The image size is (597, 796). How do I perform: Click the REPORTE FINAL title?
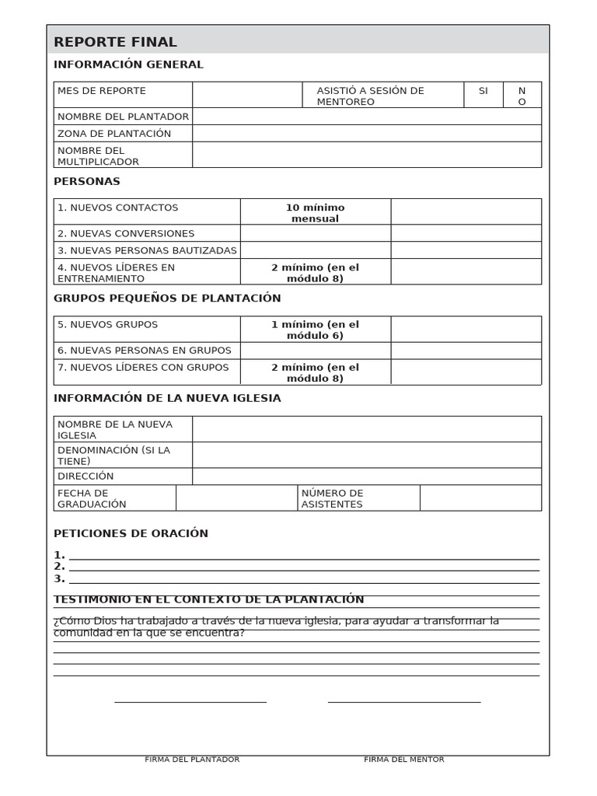coord(115,42)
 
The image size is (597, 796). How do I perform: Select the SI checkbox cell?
coord(484,95)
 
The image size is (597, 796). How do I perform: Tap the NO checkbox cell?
coord(522,96)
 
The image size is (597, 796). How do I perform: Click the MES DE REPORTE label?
coord(102,91)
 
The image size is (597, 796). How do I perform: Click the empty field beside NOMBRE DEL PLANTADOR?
coord(366,117)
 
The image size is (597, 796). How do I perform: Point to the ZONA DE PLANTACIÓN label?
coord(114,134)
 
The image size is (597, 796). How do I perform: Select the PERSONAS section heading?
coord(87,181)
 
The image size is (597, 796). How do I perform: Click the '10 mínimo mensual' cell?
coord(315,212)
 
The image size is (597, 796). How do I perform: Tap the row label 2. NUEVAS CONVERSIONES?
coord(126,233)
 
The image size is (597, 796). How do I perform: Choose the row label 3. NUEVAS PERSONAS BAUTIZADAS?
coord(147,250)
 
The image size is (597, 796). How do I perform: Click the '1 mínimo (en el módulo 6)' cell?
coord(315,330)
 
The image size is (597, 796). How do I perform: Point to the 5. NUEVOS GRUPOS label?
coord(107,325)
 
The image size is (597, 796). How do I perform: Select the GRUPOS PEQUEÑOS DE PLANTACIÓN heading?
coord(167,298)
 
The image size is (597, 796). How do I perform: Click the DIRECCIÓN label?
coord(86,477)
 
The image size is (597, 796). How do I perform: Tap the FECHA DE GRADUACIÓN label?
coord(92,498)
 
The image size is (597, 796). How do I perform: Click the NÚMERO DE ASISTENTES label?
coord(332,498)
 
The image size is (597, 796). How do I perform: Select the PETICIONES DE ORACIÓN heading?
coord(131,533)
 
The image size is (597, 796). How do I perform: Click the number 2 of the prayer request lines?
coord(59,567)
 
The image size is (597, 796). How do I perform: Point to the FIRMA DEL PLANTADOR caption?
coord(192,759)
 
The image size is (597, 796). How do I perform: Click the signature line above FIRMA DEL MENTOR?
coord(404,702)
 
